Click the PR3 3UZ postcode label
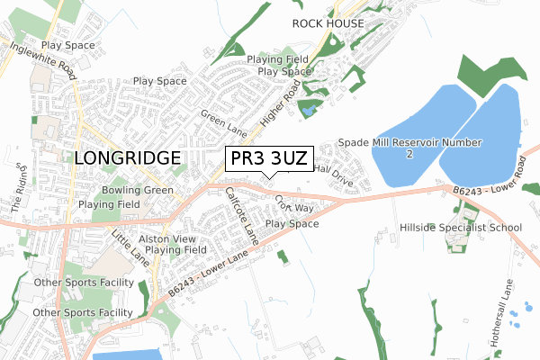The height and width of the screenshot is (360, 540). [x=269, y=158]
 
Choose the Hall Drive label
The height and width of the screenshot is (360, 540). [x=335, y=175]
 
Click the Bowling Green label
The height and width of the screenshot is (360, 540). [x=137, y=191]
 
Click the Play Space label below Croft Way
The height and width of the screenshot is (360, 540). [x=292, y=223]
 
